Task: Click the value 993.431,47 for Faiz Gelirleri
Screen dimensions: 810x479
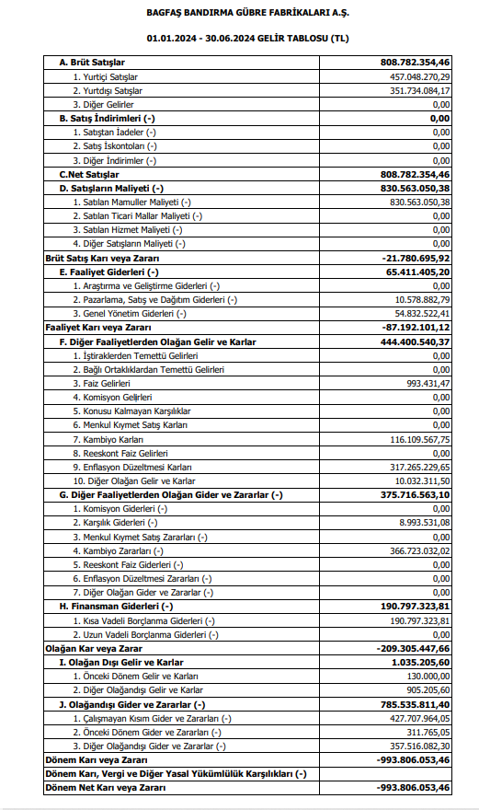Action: pyautogui.click(x=427, y=383)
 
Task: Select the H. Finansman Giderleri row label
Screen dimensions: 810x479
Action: pyautogui.click(x=116, y=606)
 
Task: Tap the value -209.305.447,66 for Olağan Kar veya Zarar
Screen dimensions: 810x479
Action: pyautogui.click(x=413, y=648)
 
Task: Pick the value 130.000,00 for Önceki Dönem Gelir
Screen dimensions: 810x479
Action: pyautogui.click(x=428, y=676)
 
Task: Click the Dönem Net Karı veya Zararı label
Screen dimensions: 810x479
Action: pyautogui.click(x=105, y=788)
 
